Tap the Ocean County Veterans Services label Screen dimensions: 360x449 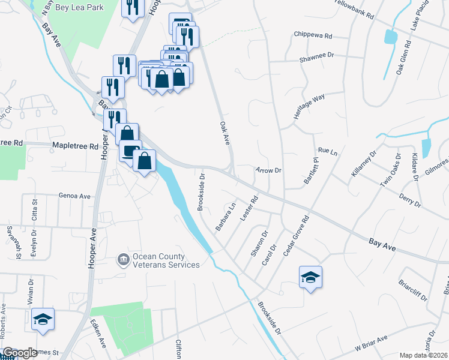[166, 260]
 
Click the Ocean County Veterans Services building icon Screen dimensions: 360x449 [123, 260]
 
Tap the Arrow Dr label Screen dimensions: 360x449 [268, 170]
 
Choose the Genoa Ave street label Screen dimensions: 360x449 [74, 196]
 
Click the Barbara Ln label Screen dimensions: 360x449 [226, 217]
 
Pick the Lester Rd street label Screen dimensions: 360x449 [249, 208]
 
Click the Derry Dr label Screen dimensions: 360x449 [409, 200]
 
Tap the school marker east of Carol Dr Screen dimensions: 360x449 [310, 277]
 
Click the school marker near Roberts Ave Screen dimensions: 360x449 [43, 319]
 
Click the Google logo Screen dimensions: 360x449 [20, 353]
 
